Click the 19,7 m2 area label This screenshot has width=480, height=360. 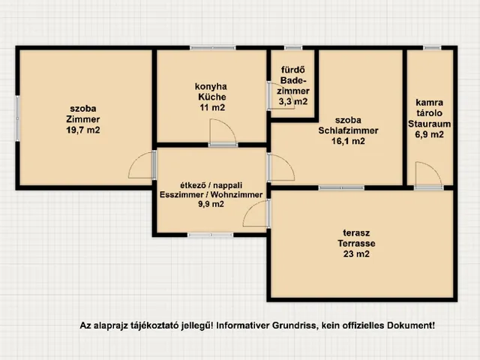pyautogui.click(x=83, y=130)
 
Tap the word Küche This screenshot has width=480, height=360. pyautogui.click(x=212, y=97)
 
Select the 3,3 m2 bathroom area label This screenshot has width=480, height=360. pyautogui.click(x=293, y=102)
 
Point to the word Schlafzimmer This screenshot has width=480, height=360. pyautogui.click(x=348, y=130)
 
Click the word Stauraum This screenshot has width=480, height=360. pyautogui.click(x=429, y=124)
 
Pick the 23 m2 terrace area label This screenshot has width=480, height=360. pyautogui.click(x=356, y=254)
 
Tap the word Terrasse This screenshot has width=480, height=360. pyautogui.click(x=356, y=243)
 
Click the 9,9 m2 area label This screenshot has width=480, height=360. pyautogui.click(x=211, y=204)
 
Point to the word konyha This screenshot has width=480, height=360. pyautogui.click(x=211, y=87)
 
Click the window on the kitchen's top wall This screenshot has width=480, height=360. pyautogui.click(x=213, y=48)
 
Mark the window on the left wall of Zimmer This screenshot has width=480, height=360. pyautogui.click(x=17, y=118)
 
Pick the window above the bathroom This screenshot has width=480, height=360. pyautogui.click(x=293, y=48)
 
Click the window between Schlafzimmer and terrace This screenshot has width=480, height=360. pyautogui.click(x=342, y=188)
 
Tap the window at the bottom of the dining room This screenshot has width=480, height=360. pyautogui.click(x=210, y=235)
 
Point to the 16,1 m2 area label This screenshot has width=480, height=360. pyautogui.click(x=348, y=141)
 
